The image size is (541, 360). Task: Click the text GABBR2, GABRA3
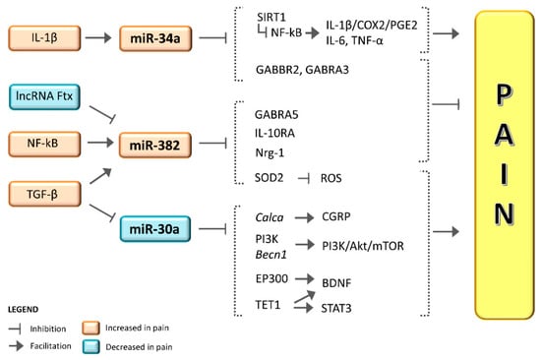pos(294,71)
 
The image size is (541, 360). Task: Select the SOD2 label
pos(268,176)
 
